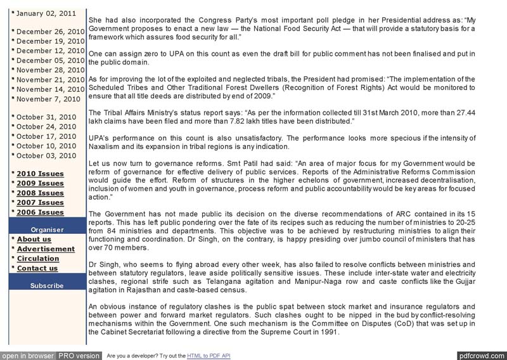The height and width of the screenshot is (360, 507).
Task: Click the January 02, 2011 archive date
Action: [46, 13]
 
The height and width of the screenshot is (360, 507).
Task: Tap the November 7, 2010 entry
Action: [49, 99]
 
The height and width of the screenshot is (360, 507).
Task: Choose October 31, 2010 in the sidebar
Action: [46, 117]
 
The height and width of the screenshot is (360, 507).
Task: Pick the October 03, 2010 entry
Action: [46, 155]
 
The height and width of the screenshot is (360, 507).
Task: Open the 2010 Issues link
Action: [40, 174]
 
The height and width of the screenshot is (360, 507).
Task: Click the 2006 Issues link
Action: [40, 212]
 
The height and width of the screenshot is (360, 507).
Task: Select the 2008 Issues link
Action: [40, 193]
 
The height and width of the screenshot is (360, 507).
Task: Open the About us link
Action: [34, 240]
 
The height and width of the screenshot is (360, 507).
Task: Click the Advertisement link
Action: [46, 249]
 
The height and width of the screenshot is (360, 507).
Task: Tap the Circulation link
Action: [38, 259]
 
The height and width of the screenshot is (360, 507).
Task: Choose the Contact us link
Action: [37, 268]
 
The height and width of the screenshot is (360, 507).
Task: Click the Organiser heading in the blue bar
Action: [48, 229]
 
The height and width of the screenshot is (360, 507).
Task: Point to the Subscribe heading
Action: [48, 285]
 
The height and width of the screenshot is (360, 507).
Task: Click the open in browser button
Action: [27, 356]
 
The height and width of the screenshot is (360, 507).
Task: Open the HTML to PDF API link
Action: [209, 356]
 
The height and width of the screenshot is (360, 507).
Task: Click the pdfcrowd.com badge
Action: [481, 356]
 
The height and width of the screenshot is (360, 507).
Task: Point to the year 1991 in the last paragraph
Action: [329, 332]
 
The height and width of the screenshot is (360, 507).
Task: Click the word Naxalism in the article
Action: [106, 146]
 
